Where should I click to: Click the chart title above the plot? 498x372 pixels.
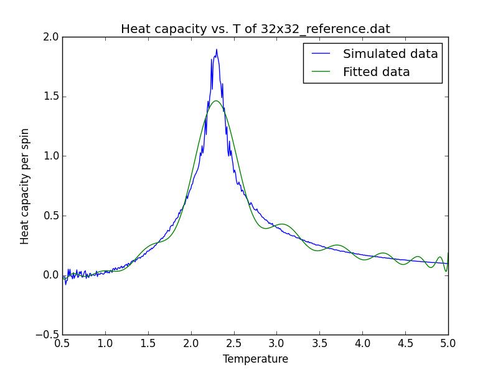255,29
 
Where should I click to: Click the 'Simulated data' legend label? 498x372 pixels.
390,54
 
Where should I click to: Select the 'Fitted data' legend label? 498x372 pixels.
376,72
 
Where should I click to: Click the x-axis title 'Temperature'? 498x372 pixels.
255,360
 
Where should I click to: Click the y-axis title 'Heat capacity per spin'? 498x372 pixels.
25,186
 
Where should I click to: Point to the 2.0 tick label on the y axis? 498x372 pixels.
51,37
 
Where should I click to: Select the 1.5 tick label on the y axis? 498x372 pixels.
51,97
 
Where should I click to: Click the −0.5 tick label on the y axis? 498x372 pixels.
48,335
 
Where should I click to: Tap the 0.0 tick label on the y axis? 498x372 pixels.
51,275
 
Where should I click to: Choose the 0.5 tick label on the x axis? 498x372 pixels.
62,343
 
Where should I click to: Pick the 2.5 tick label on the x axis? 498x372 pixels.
234,343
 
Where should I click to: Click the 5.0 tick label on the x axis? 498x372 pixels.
448,343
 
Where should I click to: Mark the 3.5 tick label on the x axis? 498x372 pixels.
319,343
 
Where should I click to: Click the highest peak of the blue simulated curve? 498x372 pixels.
217,50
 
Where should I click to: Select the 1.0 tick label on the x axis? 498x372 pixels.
105,343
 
